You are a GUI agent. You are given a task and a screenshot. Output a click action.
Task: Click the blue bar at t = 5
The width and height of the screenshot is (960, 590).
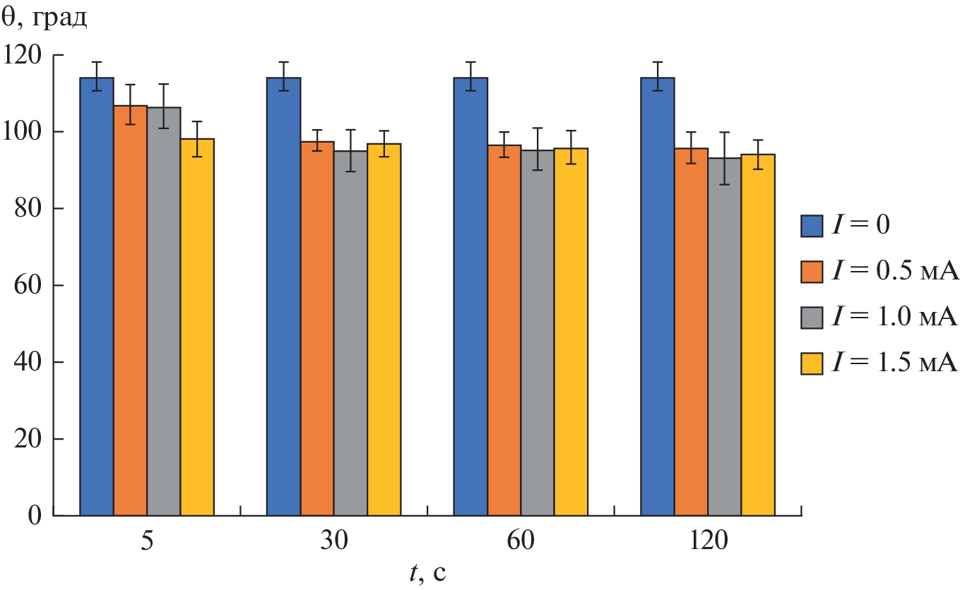pos(97,296)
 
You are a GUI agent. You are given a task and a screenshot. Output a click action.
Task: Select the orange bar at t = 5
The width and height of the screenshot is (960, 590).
pos(130,311)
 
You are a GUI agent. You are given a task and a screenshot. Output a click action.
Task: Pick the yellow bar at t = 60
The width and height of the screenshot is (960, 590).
pos(571,332)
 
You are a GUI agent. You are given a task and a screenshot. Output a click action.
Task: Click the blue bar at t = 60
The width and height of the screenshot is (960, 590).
pos(470,296)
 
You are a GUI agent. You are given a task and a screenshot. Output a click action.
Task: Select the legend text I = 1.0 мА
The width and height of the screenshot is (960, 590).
pos(894,317)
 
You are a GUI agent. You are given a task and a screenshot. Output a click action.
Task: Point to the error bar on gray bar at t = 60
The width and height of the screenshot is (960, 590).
pos(538,149)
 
